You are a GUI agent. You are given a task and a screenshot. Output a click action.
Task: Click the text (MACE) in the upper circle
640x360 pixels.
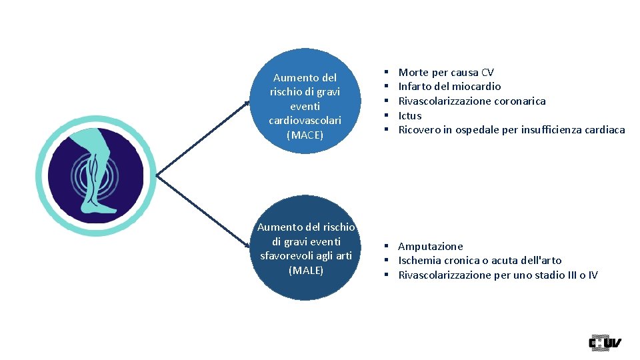pos(305,135)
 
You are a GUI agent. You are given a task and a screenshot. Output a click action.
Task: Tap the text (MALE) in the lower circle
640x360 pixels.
pos(306,270)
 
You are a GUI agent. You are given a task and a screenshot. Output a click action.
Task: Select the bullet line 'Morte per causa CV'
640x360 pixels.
pos(446,72)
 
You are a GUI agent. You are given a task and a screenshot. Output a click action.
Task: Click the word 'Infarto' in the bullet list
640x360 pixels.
pos(415,86)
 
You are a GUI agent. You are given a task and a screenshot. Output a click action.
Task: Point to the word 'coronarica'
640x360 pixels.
pos(519,101)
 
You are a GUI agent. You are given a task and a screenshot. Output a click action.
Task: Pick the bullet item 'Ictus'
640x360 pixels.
pos(410,115)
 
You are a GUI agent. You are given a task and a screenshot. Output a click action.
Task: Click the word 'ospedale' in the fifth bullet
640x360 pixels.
pos(477,129)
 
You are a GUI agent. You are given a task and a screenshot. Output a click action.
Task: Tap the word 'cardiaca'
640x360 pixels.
pos(602,129)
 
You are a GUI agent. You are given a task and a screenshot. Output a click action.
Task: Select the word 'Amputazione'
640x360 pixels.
pos(431,246)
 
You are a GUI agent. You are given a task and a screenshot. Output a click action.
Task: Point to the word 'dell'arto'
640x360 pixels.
pos(539,260)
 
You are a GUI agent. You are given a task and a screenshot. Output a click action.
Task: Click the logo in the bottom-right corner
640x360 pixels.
pos(605,343)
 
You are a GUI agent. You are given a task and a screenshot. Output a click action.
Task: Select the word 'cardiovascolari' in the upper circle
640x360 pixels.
pos(305,121)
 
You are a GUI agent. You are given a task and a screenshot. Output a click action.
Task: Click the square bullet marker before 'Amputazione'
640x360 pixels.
pos(387,247)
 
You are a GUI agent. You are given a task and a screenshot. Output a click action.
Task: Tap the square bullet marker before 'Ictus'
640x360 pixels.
pos(387,115)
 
